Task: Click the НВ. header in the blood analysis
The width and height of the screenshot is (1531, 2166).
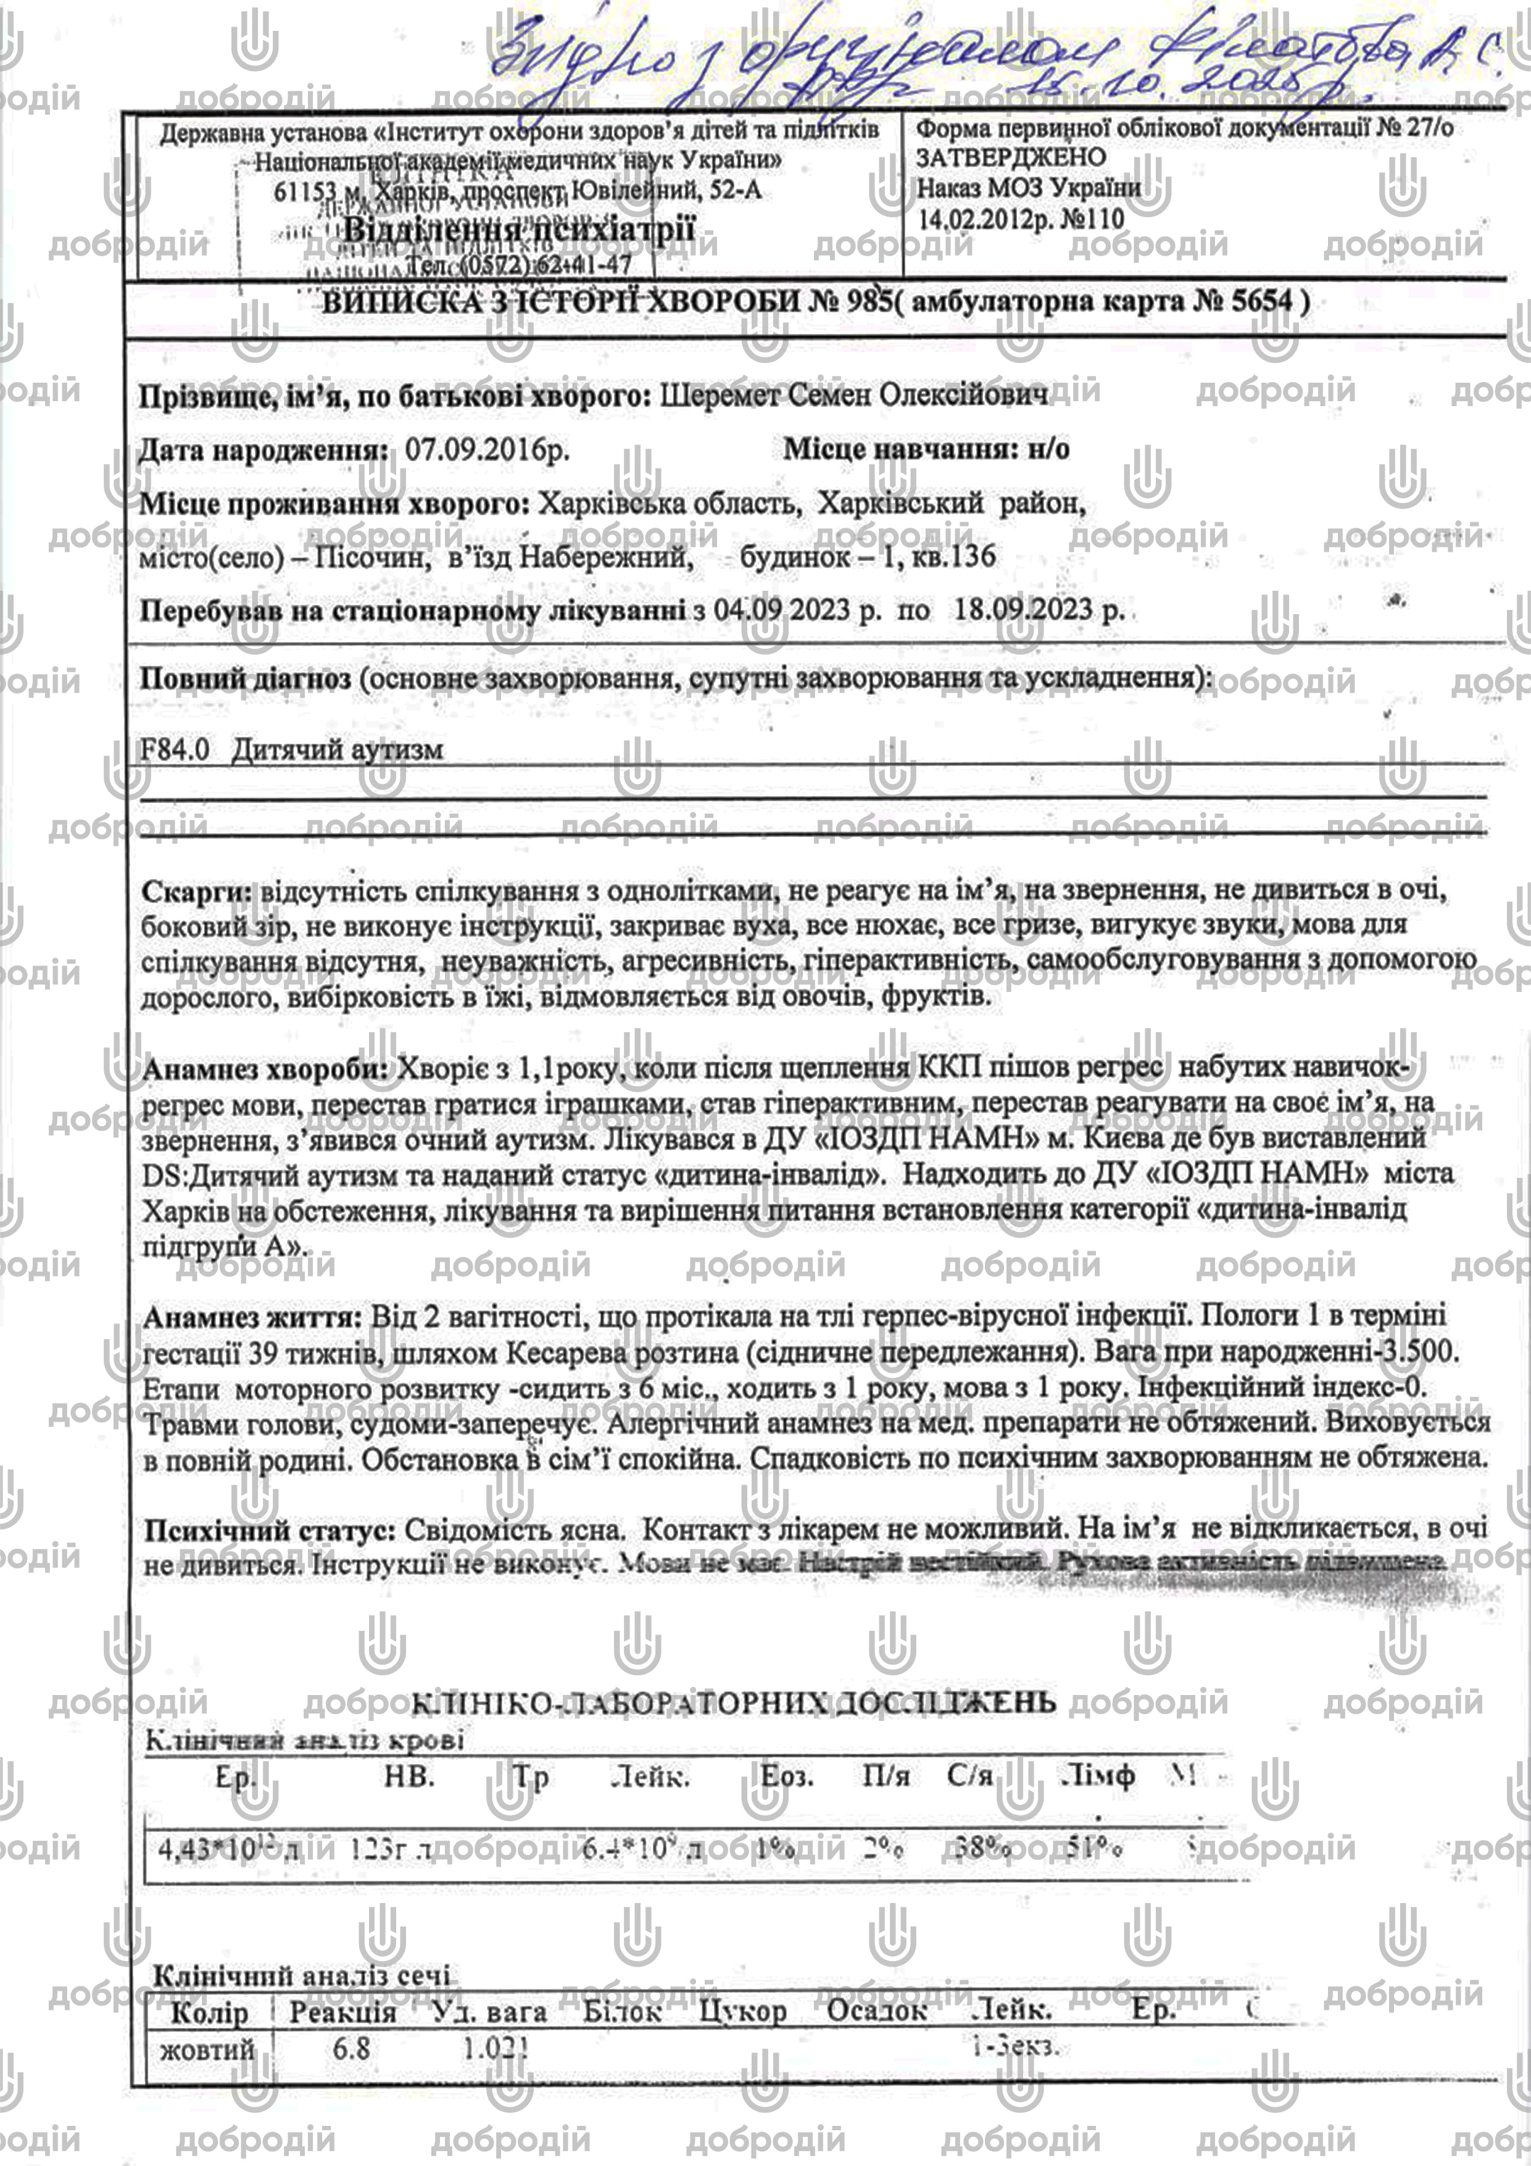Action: click(x=409, y=1777)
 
